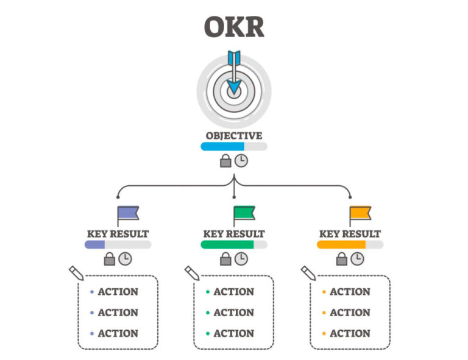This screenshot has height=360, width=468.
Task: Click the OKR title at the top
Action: tap(234, 27)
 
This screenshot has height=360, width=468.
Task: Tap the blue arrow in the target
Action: tap(234, 72)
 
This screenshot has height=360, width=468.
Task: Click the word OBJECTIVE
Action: tap(234, 136)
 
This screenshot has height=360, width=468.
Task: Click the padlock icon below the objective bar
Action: tap(225, 161)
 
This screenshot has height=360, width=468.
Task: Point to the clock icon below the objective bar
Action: tap(241, 161)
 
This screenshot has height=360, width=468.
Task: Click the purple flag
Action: tap(128, 216)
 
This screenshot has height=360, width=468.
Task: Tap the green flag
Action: tap(244, 216)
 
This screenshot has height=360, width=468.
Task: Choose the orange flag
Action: tap(360, 216)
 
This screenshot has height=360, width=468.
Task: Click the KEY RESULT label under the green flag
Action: tap(234, 234)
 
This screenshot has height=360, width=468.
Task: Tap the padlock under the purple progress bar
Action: tap(110, 259)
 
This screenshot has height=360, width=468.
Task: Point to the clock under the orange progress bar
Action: tap(357, 259)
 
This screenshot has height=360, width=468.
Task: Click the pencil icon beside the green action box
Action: tap(192, 274)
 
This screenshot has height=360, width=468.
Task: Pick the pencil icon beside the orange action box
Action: tap(308, 274)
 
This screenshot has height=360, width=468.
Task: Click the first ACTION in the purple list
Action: tap(118, 291)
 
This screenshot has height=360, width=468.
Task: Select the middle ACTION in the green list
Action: tap(234, 312)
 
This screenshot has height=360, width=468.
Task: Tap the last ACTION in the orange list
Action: tap(350, 333)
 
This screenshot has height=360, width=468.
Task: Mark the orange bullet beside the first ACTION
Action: tap(324, 292)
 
